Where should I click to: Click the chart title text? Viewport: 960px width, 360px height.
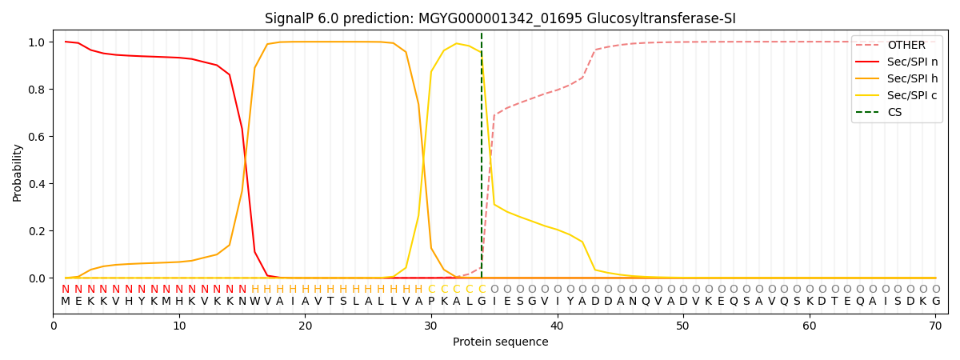tap(500, 18)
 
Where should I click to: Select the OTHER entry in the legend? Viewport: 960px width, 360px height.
tap(906, 46)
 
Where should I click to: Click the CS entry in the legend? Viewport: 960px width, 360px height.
tap(894, 112)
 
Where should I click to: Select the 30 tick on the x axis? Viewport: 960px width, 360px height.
tap(431, 326)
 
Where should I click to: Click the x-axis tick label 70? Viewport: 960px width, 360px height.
tap(935, 326)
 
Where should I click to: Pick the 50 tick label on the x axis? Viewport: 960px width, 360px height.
tap(683, 326)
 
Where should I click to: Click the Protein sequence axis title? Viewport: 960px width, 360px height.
tap(500, 342)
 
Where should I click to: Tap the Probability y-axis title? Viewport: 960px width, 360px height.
tap(18, 172)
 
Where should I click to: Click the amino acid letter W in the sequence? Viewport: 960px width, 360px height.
tap(254, 302)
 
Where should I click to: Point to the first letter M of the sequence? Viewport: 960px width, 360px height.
tap(66, 302)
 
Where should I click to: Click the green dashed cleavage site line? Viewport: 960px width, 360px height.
tap(482, 160)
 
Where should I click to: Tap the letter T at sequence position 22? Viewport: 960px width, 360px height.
tap(330, 302)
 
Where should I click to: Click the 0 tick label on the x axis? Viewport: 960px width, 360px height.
tap(54, 326)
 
